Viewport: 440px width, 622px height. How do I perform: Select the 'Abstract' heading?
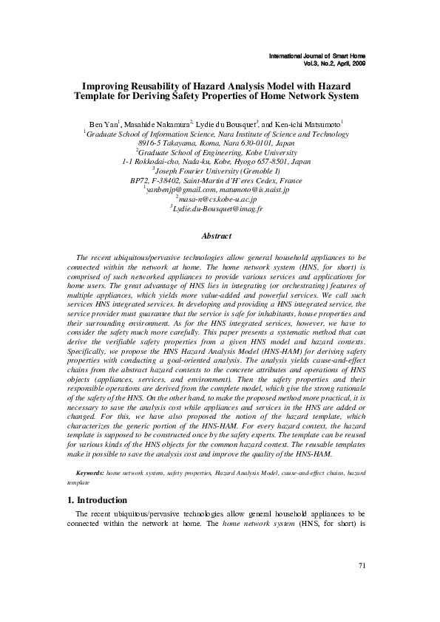pyautogui.click(x=220, y=236)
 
